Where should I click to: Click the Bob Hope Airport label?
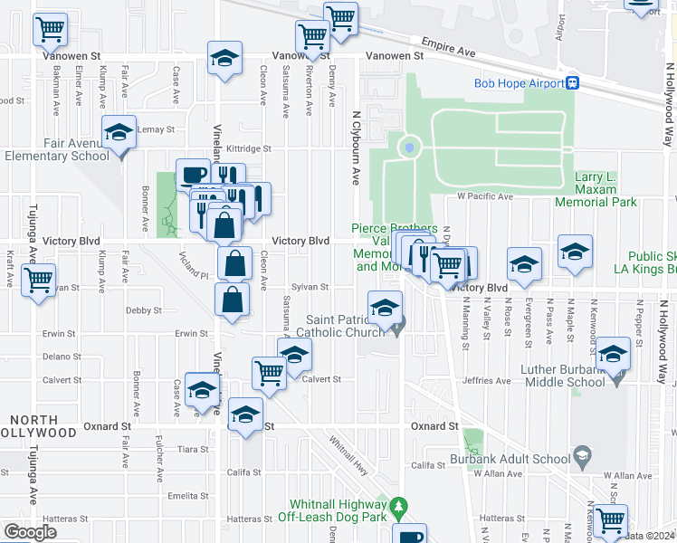(x=519, y=83)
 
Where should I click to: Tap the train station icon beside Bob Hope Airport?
(x=573, y=83)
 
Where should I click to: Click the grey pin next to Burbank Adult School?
(x=582, y=452)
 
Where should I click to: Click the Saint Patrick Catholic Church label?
(x=346, y=326)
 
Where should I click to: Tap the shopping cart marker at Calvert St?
(x=270, y=372)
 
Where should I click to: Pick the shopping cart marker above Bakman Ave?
(x=51, y=30)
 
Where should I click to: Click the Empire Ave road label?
(x=448, y=47)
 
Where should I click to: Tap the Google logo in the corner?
(x=30, y=531)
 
